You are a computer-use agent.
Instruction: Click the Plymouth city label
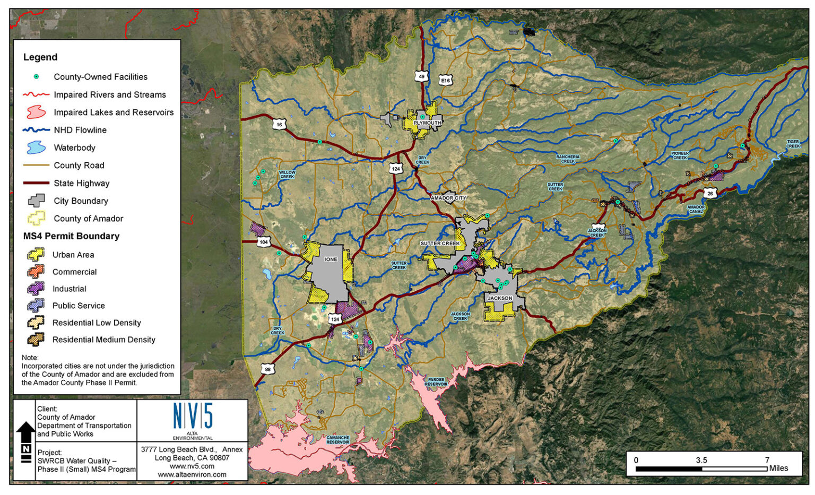coord(427,123)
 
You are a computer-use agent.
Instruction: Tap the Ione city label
coord(331,259)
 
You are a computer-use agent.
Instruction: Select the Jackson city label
coord(500,298)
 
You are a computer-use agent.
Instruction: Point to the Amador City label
coord(449,198)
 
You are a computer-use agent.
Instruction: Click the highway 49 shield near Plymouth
coord(421,76)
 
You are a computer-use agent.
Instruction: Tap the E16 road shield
coord(446,81)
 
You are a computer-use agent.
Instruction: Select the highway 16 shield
coord(280,125)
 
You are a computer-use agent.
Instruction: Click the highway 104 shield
coord(264,242)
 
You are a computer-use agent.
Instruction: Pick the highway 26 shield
coord(710,194)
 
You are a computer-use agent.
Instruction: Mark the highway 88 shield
coord(267,369)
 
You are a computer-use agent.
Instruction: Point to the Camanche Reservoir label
coord(338,440)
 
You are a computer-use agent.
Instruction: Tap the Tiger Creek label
coord(793,144)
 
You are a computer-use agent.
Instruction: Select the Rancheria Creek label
coord(568,159)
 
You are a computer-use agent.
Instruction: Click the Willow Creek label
coord(287,175)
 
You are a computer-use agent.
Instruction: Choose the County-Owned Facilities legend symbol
coord(36,77)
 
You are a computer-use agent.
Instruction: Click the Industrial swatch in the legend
coord(36,289)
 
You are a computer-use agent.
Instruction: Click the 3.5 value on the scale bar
coord(701,460)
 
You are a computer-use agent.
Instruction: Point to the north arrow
coord(25,440)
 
